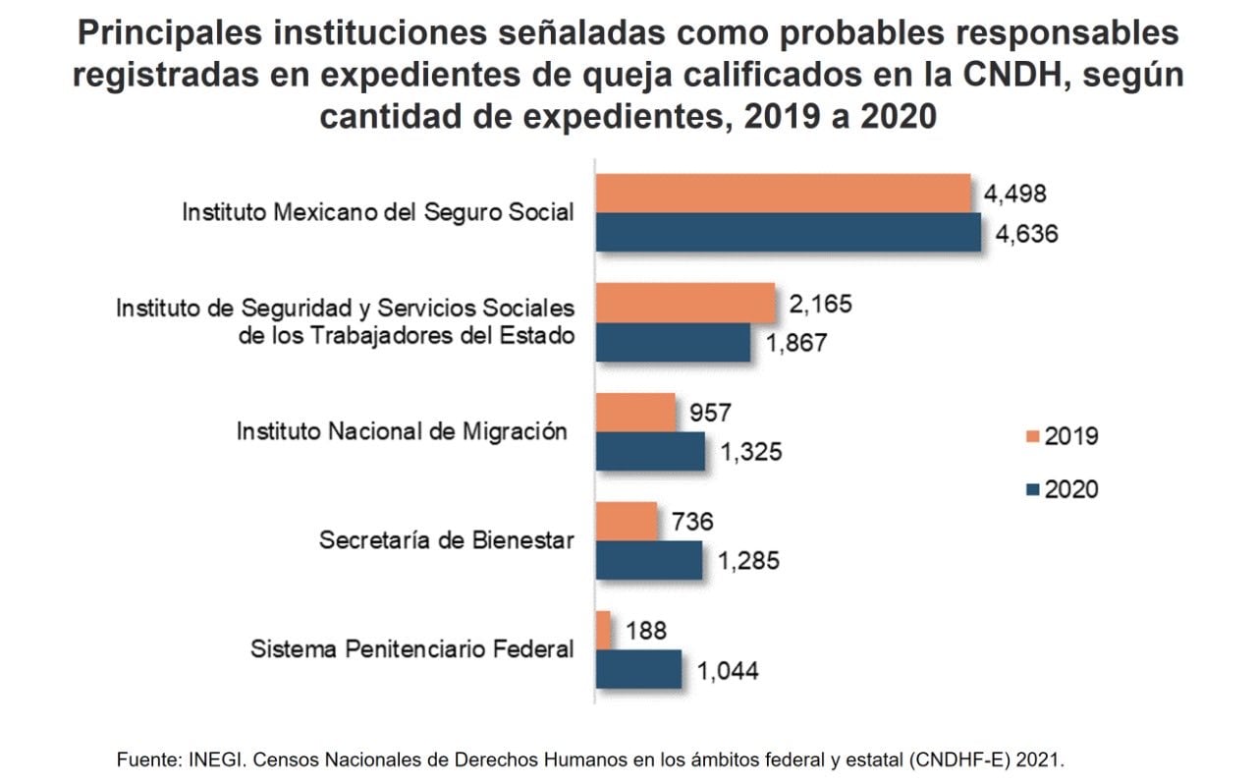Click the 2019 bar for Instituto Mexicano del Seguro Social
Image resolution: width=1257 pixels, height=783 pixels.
tap(783, 193)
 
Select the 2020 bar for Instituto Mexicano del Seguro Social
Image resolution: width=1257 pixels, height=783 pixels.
tap(788, 233)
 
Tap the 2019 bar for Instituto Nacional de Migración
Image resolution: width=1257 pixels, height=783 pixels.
tap(635, 412)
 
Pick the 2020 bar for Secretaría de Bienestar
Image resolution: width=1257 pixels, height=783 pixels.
tap(649, 561)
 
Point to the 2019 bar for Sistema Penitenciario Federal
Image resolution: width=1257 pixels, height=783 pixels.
tap(603, 630)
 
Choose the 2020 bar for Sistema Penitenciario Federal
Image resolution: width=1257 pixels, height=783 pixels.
tap(638, 669)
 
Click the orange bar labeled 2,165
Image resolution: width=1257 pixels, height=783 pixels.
tap(685, 303)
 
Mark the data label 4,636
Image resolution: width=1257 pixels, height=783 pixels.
tap(1026, 236)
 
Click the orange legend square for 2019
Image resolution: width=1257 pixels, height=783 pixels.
tap(1031, 436)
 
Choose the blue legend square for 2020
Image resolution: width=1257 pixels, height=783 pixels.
tap(1031, 488)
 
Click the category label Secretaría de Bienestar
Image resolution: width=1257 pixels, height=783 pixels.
tap(446, 540)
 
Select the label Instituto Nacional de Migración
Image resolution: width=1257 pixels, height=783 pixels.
tap(402, 431)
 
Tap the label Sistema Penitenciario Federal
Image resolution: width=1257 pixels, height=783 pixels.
tap(411, 648)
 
